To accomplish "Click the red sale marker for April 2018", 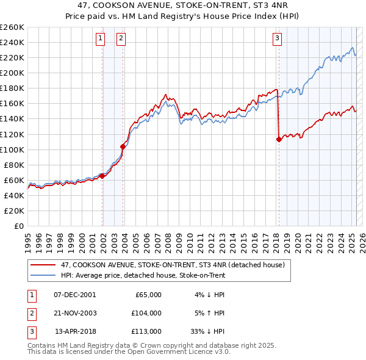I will (279, 139).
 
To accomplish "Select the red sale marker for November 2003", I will (123, 146).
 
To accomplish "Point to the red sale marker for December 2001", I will (102, 176).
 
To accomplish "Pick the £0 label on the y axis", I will (18, 226).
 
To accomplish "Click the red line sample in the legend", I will (43, 265).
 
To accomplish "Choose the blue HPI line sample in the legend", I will (43, 275).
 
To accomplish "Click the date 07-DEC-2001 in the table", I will (75, 295).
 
